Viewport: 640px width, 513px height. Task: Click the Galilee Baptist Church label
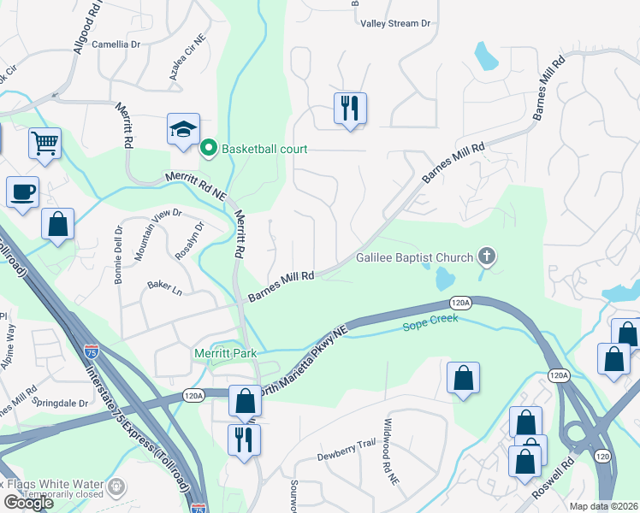point(415,258)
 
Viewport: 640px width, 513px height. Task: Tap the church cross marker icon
point(487,256)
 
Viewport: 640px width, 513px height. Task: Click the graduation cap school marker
point(183,129)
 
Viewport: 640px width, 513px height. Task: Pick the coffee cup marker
point(22,192)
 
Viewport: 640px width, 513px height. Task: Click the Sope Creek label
point(431,319)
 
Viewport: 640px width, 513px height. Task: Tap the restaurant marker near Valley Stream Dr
point(350,108)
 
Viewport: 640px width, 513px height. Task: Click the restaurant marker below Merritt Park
point(245,439)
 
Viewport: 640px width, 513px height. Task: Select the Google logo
point(28,503)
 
